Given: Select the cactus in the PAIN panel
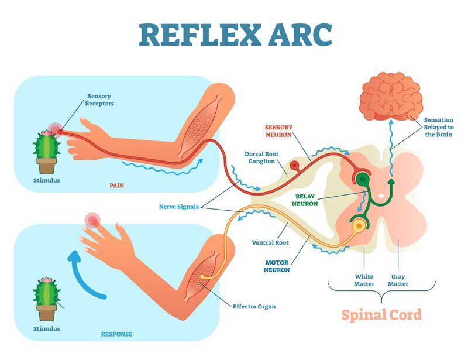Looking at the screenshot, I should pos(46,149).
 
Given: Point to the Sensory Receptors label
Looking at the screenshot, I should pos(100,100).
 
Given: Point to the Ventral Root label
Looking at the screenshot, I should pos(270,242).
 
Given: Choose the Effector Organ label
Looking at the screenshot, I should pos(254,306).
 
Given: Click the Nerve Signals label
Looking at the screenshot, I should pos(178,207).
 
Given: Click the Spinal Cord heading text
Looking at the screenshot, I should pos(381,314).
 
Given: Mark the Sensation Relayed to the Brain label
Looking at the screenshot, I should pos(439,127).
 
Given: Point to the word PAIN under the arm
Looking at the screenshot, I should pos(117,186).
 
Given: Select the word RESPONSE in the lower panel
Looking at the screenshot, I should pos(116,334).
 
